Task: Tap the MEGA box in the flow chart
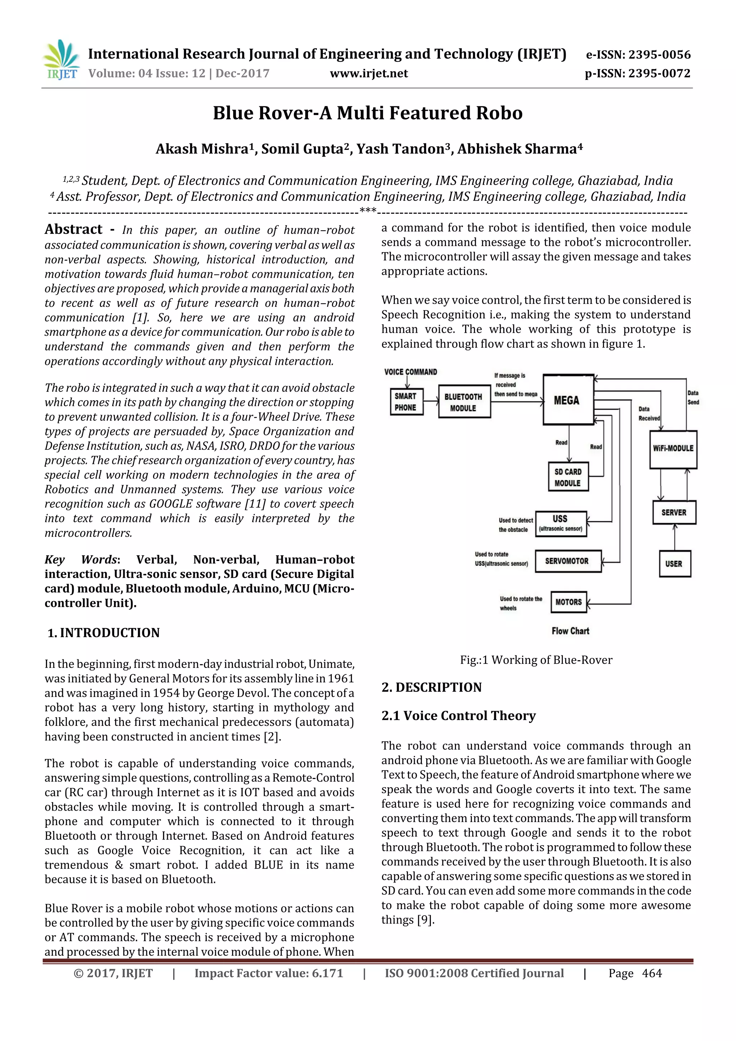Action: coord(568,400)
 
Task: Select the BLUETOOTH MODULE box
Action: coord(464,402)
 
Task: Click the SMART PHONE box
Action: coord(406,402)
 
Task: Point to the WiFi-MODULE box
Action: coord(673,448)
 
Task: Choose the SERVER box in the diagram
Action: coord(674,512)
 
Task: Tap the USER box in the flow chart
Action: coord(674,563)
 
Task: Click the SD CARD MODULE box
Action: coord(568,477)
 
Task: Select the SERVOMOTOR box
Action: coord(567,561)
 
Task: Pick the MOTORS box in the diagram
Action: coord(569,602)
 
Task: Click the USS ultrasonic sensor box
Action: coord(561,524)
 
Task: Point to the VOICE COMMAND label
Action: coord(410,372)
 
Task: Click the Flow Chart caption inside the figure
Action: coord(570,631)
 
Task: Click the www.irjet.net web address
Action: coord(369,73)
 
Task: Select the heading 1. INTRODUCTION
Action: coord(104,632)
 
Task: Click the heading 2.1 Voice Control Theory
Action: coord(459,715)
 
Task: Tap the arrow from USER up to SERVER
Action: coord(674,538)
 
